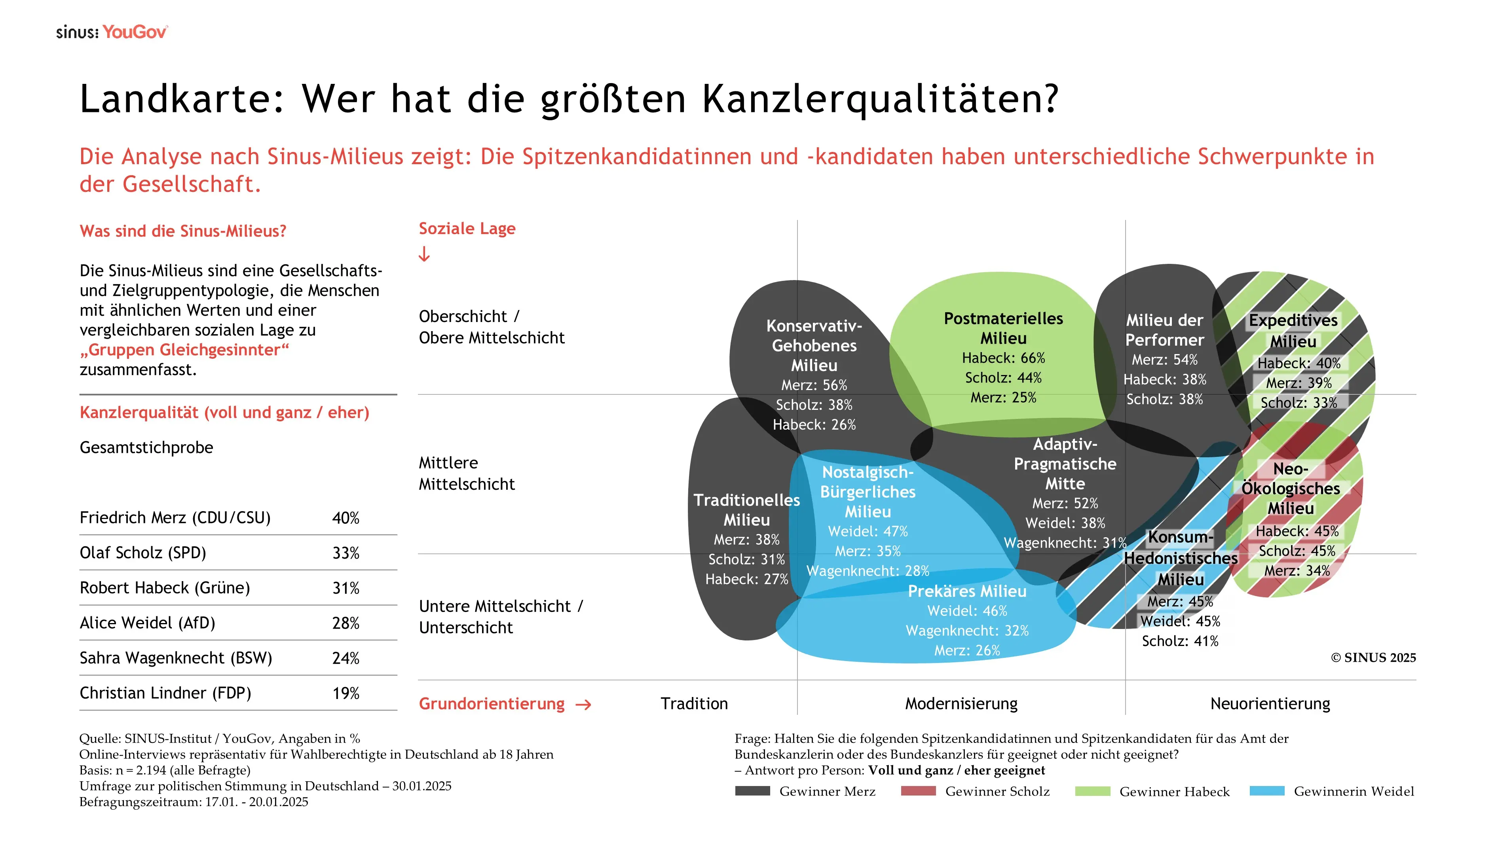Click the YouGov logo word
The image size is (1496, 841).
coord(135,32)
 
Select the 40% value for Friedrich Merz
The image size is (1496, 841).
coord(346,518)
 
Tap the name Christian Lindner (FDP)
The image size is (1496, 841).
coord(165,693)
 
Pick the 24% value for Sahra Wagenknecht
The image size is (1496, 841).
coord(346,658)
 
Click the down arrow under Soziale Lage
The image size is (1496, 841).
coord(425,254)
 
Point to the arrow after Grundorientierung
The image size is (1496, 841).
coord(583,705)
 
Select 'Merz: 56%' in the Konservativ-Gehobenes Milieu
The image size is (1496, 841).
coord(814,385)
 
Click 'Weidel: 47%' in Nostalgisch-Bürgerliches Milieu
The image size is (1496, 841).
coord(868,532)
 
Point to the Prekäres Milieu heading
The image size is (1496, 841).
coord(967,591)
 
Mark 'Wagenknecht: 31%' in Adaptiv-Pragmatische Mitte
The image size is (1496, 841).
coord(1065,543)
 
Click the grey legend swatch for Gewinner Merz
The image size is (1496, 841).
coord(752,791)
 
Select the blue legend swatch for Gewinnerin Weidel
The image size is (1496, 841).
coord(1266,791)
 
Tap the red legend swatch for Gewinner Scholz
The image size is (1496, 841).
coord(918,791)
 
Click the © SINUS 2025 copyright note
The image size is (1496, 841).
coord(1373,657)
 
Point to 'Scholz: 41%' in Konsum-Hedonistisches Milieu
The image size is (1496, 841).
coord(1180,641)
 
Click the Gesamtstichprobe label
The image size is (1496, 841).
coord(146,447)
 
